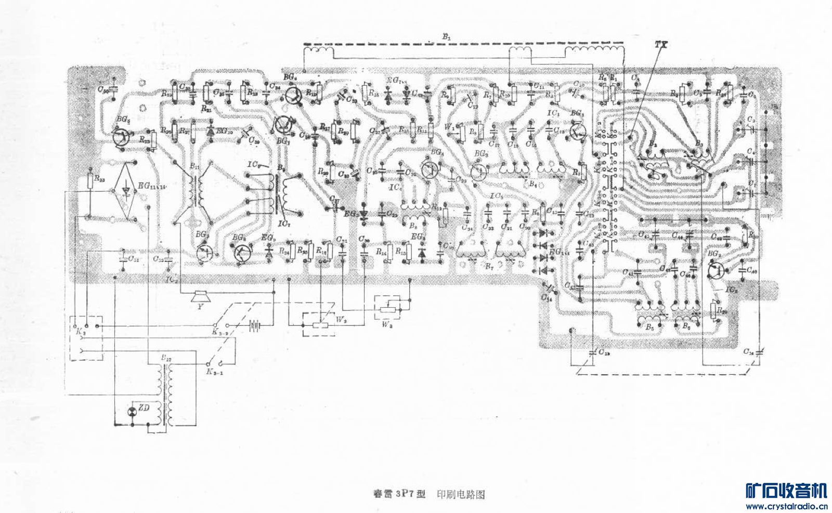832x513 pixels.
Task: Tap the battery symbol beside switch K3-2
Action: coord(255,326)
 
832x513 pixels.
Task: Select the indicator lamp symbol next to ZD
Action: coord(132,412)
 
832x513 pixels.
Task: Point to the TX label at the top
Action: coord(661,45)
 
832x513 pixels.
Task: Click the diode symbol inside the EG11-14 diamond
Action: coord(126,191)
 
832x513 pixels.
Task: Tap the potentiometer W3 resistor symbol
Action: coord(387,308)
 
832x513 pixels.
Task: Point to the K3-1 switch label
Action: coord(214,372)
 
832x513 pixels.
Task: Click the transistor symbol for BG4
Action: coord(430,170)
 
